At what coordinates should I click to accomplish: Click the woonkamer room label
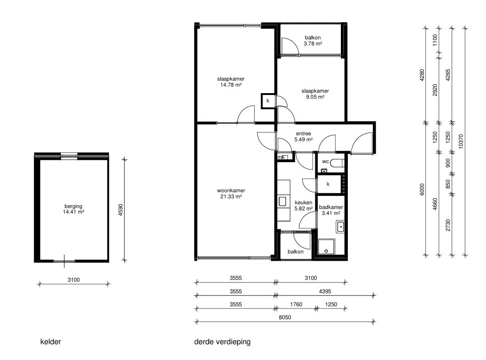(x=231, y=194)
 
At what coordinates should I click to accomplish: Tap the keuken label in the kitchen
(x=303, y=206)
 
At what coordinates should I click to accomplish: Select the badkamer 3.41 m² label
(x=331, y=210)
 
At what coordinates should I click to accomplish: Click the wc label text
(x=325, y=162)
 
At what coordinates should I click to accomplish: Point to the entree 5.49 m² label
(x=303, y=137)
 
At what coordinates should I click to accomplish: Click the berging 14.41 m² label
(x=73, y=209)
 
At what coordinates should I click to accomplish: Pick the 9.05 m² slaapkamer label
(x=315, y=94)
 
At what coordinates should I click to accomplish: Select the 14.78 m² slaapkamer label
(x=231, y=82)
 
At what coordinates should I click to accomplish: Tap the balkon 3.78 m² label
(x=313, y=41)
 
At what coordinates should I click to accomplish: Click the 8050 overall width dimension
(x=285, y=317)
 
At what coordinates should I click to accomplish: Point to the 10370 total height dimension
(x=460, y=141)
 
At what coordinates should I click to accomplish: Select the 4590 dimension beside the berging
(x=121, y=210)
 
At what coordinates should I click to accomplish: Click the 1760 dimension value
(x=296, y=304)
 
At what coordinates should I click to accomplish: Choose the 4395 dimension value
(x=325, y=291)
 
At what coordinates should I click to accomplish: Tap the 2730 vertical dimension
(x=448, y=225)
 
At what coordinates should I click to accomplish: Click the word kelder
(x=51, y=342)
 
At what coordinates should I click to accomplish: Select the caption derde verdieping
(x=222, y=342)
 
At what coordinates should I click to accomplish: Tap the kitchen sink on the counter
(x=283, y=202)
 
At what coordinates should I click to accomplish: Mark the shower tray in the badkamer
(x=326, y=246)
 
